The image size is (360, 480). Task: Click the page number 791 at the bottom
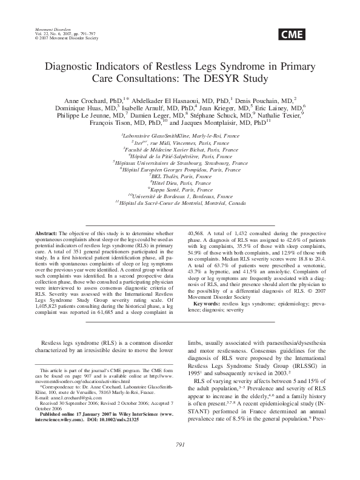click(x=179, y=462)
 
